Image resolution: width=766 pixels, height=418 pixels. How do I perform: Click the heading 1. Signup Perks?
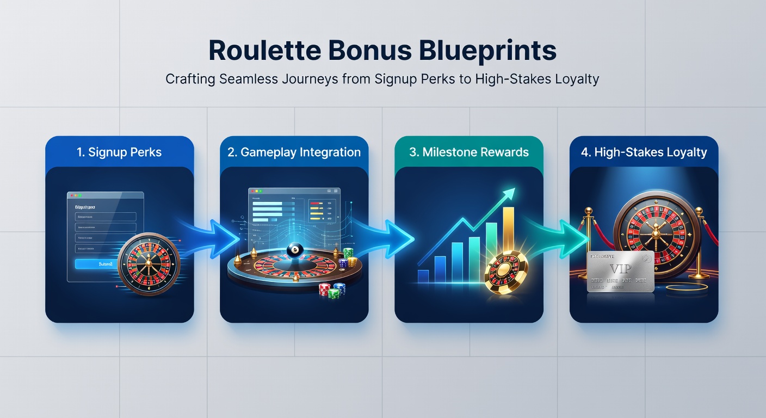(119, 152)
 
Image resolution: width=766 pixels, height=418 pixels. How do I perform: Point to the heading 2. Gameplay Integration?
(294, 152)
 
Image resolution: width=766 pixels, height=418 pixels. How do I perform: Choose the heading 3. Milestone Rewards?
(468, 152)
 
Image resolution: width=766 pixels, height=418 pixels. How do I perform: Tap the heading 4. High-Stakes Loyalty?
(644, 152)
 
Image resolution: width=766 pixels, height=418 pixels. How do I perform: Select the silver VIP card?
(620, 272)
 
